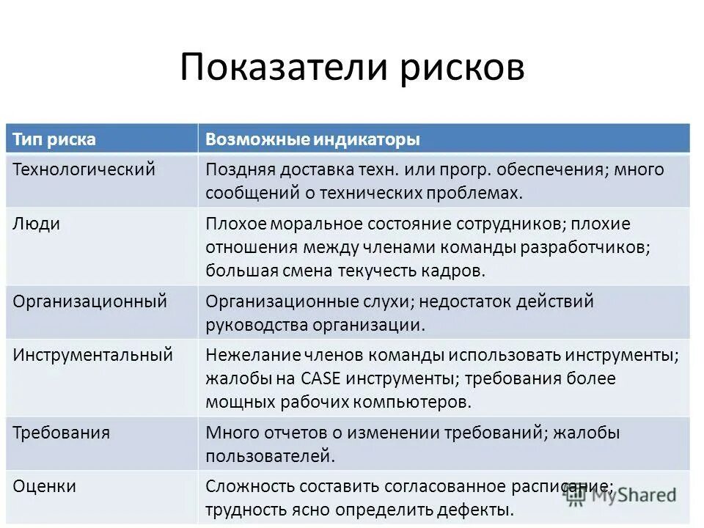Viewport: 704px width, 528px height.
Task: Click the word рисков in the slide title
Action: click(462, 68)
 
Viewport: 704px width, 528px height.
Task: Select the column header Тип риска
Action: click(54, 139)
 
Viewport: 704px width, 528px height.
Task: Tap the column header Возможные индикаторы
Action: click(312, 139)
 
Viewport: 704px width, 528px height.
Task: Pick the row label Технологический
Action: click(84, 169)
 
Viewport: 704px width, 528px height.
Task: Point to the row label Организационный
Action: click(90, 301)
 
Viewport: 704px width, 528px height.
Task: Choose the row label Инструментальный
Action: click(93, 355)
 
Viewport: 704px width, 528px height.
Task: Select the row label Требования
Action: click(62, 433)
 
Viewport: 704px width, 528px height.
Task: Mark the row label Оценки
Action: click(45, 486)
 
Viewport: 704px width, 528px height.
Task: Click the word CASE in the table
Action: click(318, 378)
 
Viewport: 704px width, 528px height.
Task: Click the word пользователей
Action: click(270, 456)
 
